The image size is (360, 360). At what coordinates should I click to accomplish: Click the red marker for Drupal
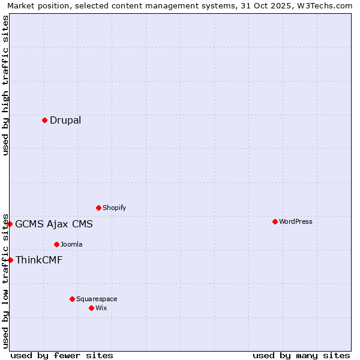[44, 120]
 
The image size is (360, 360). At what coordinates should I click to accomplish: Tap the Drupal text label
[65, 120]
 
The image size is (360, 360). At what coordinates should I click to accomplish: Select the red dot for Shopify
[98, 208]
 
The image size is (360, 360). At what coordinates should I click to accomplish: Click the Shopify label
[114, 208]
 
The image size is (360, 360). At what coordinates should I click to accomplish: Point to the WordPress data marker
[275, 221]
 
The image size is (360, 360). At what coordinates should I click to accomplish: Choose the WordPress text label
[295, 221]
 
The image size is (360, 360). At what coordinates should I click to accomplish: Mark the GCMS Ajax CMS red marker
[10, 224]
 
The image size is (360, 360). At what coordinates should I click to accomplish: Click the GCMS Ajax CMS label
[54, 224]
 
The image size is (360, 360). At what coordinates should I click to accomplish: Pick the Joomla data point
[56, 244]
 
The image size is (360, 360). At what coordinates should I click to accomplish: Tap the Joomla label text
[71, 244]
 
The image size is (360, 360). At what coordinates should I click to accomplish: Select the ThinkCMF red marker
[10, 260]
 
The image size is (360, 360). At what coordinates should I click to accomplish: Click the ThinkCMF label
[39, 260]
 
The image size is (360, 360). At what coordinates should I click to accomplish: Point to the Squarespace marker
[72, 299]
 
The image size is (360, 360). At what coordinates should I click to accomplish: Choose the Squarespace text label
[97, 299]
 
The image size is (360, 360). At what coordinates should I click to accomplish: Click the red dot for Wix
[91, 308]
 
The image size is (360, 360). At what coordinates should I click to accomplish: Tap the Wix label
[101, 308]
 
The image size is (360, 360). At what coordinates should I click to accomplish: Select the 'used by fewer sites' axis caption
[62, 355]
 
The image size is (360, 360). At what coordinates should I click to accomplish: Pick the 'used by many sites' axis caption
[301, 355]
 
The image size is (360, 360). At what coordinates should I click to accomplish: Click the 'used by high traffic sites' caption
[6, 85]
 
